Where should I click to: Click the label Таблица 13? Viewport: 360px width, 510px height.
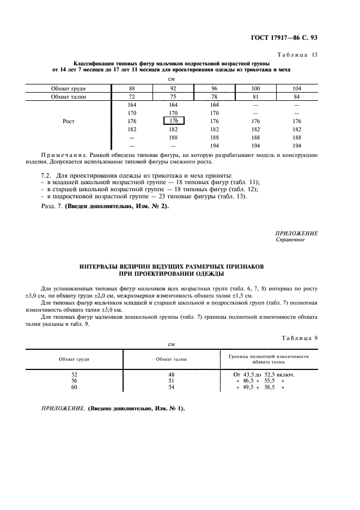pyautogui.click(x=298, y=55)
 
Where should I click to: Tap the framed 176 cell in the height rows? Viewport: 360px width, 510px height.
pyautogui.click(x=174, y=121)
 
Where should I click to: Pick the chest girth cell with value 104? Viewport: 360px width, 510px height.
pyautogui.click(x=296, y=88)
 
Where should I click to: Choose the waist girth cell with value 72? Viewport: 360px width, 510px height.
pyautogui.click(x=132, y=96)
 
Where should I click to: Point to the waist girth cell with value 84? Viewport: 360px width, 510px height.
pyautogui.click(x=296, y=96)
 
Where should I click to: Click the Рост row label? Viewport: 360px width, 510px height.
pyautogui.click(x=69, y=121)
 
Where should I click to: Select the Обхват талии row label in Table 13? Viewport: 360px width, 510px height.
pyautogui.click(x=69, y=96)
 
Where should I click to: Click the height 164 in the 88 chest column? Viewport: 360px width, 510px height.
pyautogui.click(x=132, y=105)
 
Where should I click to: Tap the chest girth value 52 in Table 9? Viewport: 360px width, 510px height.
pyautogui.click(x=75, y=374)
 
